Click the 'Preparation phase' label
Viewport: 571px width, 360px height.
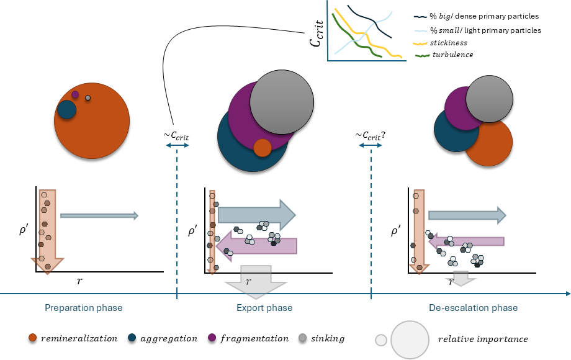[83, 308]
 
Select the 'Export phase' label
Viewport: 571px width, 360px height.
[264, 308]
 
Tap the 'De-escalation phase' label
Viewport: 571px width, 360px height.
[473, 308]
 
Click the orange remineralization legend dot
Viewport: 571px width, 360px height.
[33, 338]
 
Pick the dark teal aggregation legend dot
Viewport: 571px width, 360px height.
[132, 338]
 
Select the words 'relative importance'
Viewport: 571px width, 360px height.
[483, 339]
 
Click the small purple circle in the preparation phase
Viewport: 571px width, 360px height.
[75, 94]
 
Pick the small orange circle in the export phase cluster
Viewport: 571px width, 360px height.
[263, 148]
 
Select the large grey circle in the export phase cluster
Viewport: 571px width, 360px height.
[282, 101]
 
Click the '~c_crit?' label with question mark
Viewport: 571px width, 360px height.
[371, 135]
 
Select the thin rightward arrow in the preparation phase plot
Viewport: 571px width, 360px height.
[99, 215]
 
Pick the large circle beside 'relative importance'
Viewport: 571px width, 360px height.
[410, 339]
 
